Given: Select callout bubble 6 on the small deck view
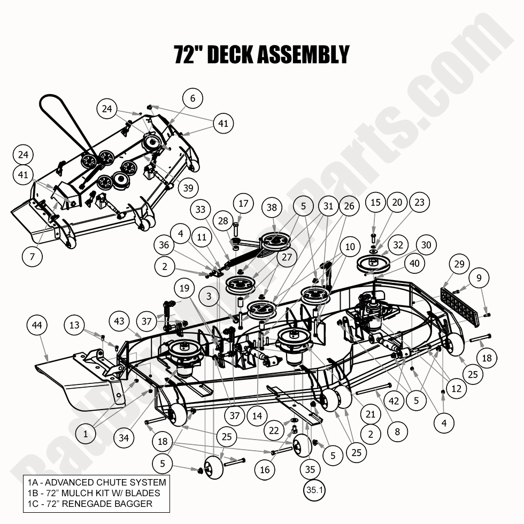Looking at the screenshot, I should tap(193, 98).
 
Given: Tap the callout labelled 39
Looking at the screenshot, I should tap(187, 188).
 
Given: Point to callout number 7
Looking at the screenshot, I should tap(33, 256).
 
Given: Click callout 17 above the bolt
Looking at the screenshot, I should tap(244, 204).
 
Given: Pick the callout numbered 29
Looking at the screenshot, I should tap(459, 265).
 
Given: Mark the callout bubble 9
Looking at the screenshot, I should tap(479, 278).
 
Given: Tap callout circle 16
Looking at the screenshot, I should tap(265, 470).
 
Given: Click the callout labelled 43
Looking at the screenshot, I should tap(120, 322).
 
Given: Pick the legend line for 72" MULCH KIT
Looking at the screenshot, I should tap(94, 493).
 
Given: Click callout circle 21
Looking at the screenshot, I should tap(371, 413).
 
